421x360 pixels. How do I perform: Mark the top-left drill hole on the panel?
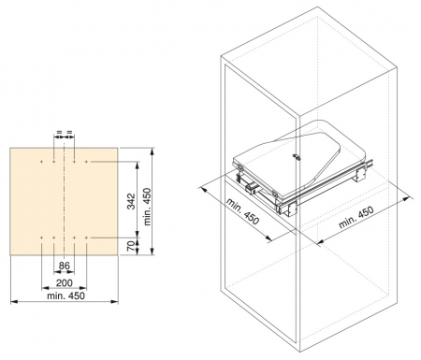(43, 162)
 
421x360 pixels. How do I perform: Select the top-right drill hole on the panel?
(87, 162)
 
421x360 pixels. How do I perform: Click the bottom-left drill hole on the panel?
(43, 238)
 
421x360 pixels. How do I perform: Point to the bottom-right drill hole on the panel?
(87, 238)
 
